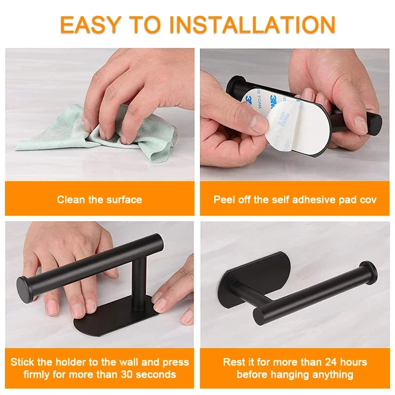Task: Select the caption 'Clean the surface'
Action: pyautogui.click(x=99, y=199)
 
